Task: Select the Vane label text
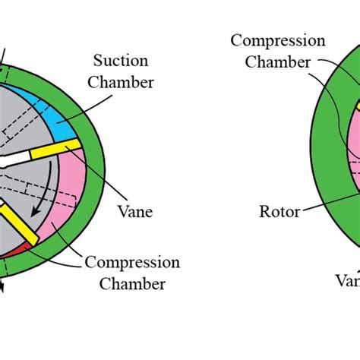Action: coord(136,212)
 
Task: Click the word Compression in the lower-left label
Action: coord(132,263)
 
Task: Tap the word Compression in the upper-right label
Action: coord(278,40)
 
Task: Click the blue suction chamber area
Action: coord(65,118)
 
